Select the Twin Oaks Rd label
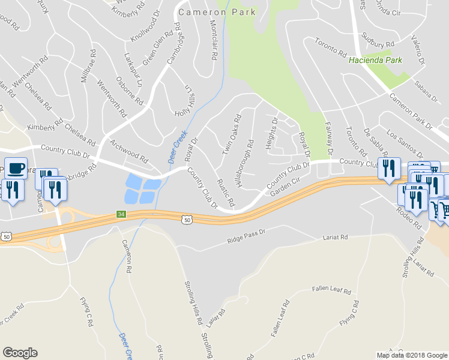coord(232,135)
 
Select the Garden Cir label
coord(285,189)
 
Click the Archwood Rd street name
coord(129,152)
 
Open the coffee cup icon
coord(16,168)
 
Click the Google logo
coord(20,353)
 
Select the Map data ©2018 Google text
coord(412,355)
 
